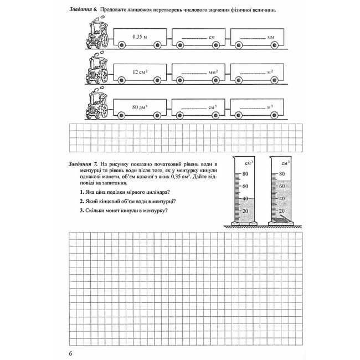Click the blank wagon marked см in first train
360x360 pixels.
[x=199, y=38]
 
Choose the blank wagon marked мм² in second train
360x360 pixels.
[x=199, y=72]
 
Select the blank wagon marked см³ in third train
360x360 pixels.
[x=199, y=106]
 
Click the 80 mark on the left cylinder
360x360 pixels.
[x=245, y=174]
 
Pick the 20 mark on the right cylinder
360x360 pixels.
[x=281, y=211]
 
